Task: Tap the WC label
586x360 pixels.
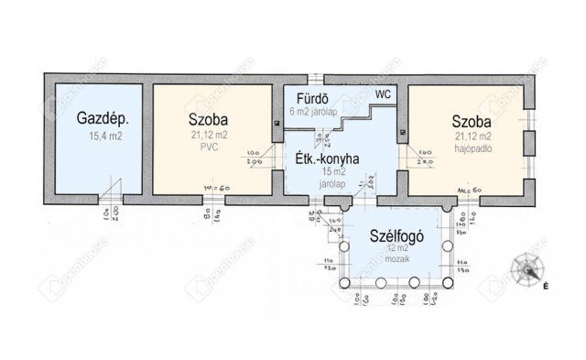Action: pos(382,93)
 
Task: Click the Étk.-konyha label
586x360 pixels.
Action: pos(325,158)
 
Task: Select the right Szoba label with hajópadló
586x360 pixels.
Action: pos(471,121)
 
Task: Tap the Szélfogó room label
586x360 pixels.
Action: pos(396,234)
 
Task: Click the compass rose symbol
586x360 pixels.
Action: pos(527,269)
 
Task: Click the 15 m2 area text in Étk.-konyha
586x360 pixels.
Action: pos(327,172)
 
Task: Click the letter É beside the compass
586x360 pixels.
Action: pos(546,287)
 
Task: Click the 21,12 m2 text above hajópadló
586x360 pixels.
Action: pos(472,136)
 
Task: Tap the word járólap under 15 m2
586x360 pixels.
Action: pos(327,181)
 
